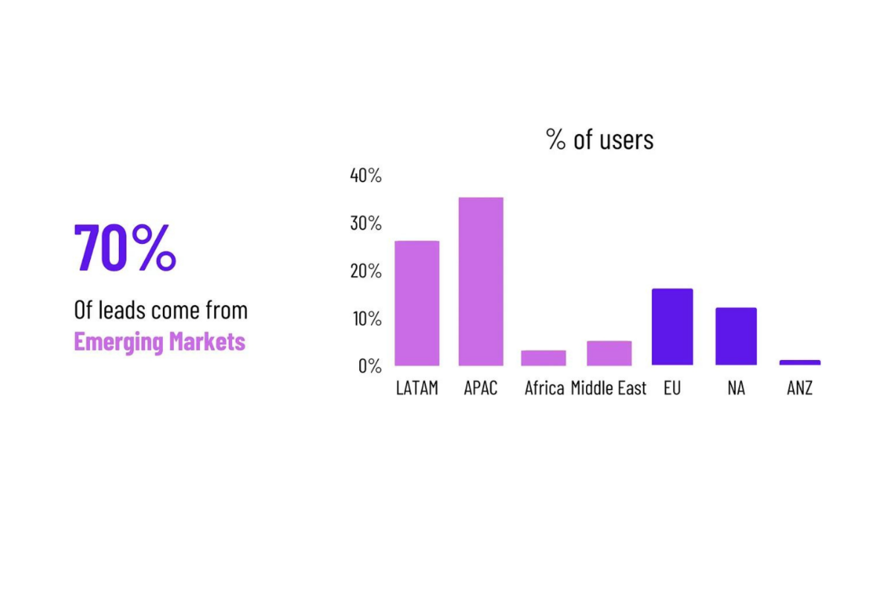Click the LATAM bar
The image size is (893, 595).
point(416,303)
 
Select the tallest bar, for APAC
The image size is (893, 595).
point(480,281)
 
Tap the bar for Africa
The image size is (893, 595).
point(544,358)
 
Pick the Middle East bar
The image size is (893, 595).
point(609,353)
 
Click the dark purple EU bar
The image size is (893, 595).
point(672,327)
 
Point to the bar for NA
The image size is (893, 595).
point(736,336)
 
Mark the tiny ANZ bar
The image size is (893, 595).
point(800,362)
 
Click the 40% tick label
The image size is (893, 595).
point(365,176)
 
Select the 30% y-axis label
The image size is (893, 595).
point(365,223)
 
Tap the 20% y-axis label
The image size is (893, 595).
point(365,271)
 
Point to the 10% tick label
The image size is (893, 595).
point(365,318)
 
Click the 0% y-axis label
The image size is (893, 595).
point(369,365)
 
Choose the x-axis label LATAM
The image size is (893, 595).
point(416,388)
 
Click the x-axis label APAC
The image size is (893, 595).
point(480,388)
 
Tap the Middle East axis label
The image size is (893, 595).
point(609,388)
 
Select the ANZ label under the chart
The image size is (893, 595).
point(800,388)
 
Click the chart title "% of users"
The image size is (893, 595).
point(599,139)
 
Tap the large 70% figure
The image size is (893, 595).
point(125,248)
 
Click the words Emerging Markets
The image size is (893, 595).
point(160,342)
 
